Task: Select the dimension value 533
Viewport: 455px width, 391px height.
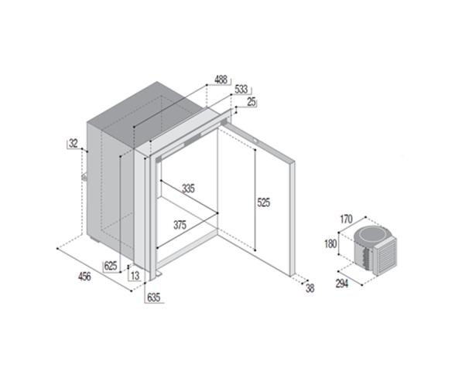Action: pyautogui.click(x=242, y=90)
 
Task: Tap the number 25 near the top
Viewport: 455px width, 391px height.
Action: pyautogui.click(x=251, y=101)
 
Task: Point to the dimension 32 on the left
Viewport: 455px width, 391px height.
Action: pyautogui.click(x=74, y=143)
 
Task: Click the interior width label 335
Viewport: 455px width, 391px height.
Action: pyautogui.click(x=187, y=189)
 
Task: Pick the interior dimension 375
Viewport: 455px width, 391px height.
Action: pyautogui.click(x=180, y=225)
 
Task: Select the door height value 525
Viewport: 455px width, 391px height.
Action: pyautogui.click(x=263, y=203)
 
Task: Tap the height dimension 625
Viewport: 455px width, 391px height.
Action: pyautogui.click(x=111, y=266)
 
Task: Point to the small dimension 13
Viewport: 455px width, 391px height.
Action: pyautogui.click(x=135, y=275)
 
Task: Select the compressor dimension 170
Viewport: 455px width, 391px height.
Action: pyautogui.click(x=347, y=219)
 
